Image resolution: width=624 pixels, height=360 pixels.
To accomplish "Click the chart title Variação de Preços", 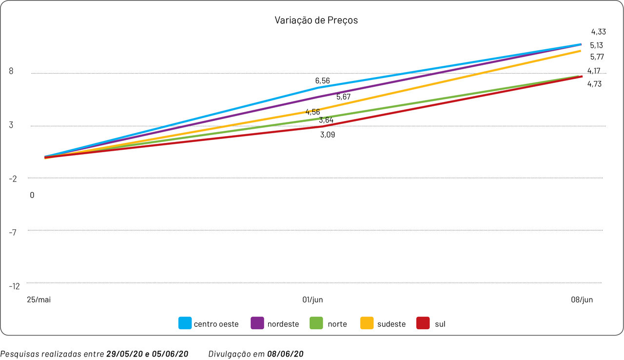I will tap(316, 20).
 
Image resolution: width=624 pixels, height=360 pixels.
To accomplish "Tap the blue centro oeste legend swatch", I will tap(185, 323).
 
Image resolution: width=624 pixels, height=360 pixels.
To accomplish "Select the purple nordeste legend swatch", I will tap(257, 323).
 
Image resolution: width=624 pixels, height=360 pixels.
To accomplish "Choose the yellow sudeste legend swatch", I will tap(367, 323).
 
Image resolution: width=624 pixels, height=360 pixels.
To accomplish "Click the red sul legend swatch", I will tap(423, 323).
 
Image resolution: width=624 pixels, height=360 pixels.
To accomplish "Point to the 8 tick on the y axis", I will tap(11, 71).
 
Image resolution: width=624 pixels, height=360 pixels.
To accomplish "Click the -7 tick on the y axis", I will tap(13, 232).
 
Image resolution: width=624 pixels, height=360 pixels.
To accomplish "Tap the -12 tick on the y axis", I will tap(14, 286).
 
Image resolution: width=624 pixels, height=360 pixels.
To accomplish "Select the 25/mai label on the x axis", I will tap(39, 300).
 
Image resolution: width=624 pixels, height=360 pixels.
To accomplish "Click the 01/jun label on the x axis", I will tap(312, 300).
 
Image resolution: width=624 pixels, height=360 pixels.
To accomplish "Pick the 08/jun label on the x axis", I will tap(582, 300).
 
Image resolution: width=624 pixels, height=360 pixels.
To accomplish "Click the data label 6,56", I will tap(323, 80).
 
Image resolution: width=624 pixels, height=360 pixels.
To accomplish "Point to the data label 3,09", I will tap(328, 135).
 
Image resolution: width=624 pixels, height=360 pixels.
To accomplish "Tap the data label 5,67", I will tap(343, 97).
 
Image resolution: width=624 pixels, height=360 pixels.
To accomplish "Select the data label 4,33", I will tap(598, 32).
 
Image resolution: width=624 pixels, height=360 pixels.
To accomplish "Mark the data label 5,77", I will tap(597, 57).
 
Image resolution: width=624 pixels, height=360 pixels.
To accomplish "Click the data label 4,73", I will tap(594, 84).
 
